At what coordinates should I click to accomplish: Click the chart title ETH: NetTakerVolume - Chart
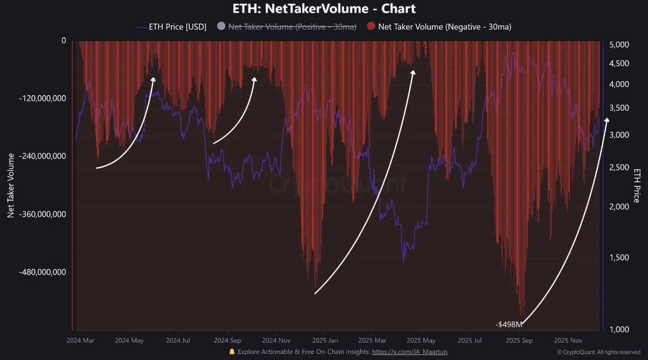[324, 9]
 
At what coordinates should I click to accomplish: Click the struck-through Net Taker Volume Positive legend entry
[292, 26]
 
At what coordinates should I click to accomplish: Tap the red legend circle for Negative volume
[371, 26]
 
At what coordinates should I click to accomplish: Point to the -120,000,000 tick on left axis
[42, 99]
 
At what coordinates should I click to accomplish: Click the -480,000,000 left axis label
[42, 272]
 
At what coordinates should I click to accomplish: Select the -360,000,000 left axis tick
[42, 214]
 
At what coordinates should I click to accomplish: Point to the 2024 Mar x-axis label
[80, 341]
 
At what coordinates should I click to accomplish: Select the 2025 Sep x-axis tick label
[519, 341]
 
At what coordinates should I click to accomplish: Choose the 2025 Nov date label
[568, 341]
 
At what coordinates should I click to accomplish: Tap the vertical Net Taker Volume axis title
[10, 185]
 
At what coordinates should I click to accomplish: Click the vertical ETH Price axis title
[637, 185]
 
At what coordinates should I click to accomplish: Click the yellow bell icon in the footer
[232, 352]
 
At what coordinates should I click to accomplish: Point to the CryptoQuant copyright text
[599, 352]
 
